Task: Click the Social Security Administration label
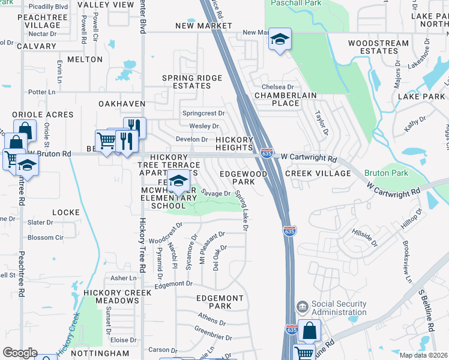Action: click(339, 308)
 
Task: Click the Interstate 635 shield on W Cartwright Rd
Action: click(267, 154)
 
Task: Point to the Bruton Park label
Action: click(386, 173)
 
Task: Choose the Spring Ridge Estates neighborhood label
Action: click(192, 82)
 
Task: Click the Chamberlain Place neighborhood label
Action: click(277, 99)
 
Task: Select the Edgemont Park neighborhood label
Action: click(220, 302)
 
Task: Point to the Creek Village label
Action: click(318, 173)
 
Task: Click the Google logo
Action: click(20, 353)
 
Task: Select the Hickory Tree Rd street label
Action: click(142, 246)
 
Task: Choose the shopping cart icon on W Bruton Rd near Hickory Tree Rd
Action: click(106, 142)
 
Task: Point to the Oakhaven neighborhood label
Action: click(122, 104)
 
